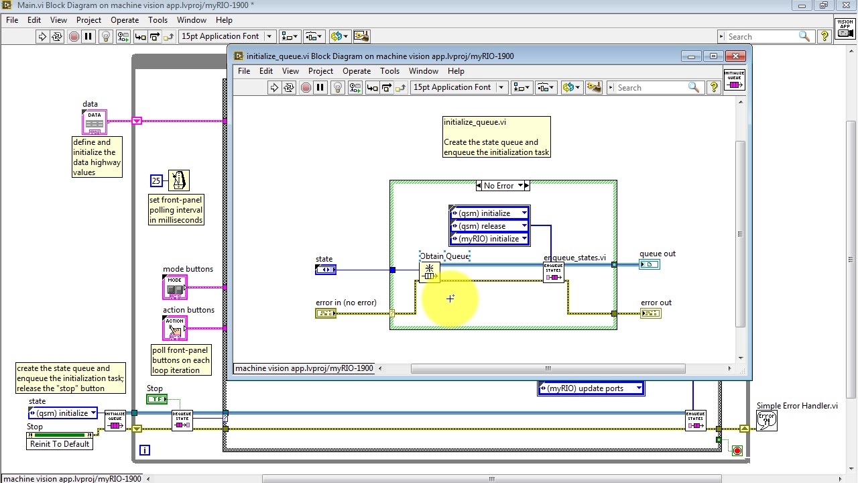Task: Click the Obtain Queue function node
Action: [429, 271]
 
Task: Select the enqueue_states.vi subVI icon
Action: [554, 272]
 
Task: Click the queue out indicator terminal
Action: [650, 264]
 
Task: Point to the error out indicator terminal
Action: [650, 313]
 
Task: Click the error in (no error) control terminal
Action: [326, 313]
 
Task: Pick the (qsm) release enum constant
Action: [490, 226]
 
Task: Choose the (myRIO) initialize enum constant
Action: [490, 239]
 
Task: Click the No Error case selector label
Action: [499, 186]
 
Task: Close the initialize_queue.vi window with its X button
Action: [736, 56]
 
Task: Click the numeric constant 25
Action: [156, 180]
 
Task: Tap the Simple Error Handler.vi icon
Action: [766, 421]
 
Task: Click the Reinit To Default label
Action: [60, 444]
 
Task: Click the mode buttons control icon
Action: [175, 287]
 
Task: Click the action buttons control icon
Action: [175, 328]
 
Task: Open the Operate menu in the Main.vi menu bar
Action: [125, 20]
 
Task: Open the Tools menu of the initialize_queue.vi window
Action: [389, 71]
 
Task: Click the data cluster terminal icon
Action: [95, 121]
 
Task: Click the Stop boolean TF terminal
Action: [157, 399]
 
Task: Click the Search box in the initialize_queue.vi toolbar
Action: [650, 88]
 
